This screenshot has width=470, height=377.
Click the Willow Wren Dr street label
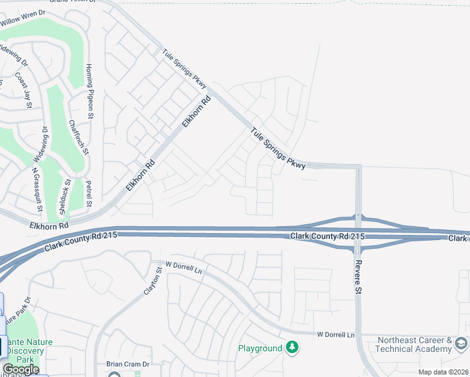tap(23, 17)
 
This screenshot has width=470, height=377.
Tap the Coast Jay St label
tap(23, 90)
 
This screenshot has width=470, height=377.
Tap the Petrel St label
tap(89, 195)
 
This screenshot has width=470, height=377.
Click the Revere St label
tap(358, 277)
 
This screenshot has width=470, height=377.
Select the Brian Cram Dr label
tap(127, 365)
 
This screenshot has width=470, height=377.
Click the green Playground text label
tap(260, 348)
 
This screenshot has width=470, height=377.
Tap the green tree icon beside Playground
tap(292, 347)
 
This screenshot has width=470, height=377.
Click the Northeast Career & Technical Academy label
tap(415, 344)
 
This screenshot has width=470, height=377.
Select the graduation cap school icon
tap(461, 343)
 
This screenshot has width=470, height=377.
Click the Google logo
tap(21, 369)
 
